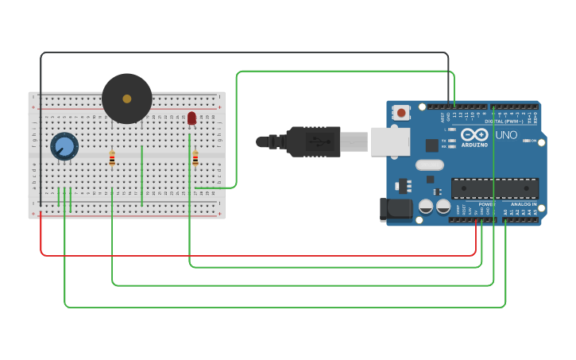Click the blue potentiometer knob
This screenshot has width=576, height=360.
coord(64,146)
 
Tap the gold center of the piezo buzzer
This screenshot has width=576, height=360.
coord(126,99)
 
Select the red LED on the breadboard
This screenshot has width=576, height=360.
coord(191,118)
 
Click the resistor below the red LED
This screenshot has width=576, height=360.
coord(195,159)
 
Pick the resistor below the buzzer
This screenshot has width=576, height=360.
coord(112,159)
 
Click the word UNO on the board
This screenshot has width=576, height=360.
coord(506,134)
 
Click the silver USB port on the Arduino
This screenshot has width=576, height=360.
coord(390,141)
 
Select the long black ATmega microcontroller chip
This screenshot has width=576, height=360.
coord(494,188)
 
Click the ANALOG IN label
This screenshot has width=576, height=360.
coord(524,204)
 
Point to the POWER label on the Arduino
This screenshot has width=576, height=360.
coord(486,204)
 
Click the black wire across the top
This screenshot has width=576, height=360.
coord(238,53)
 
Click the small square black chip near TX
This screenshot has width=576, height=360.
coord(431,145)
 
